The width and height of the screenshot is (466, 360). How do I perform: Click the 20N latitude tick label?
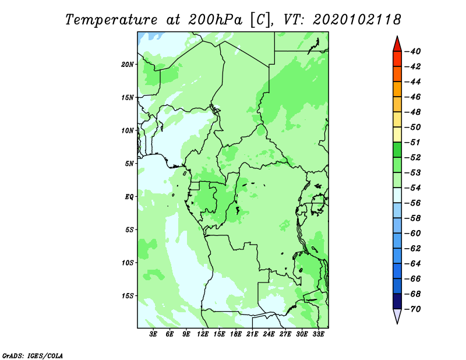click(x=128, y=65)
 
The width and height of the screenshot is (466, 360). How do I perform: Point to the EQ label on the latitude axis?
click(x=129, y=197)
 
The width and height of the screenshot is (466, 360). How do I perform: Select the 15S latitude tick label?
click(x=128, y=296)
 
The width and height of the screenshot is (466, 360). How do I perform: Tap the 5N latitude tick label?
click(x=129, y=164)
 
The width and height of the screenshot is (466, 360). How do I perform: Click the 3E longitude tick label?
click(x=153, y=334)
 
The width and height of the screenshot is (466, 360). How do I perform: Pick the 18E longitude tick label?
click(x=236, y=334)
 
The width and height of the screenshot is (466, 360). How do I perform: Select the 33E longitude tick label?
click(x=318, y=334)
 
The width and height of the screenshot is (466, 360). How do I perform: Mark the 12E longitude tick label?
click(x=203, y=334)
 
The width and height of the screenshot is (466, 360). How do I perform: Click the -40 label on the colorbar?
click(x=412, y=51)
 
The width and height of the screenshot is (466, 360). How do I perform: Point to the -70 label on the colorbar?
click(x=412, y=309)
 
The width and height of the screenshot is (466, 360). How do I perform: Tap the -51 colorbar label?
click(x=412, y=142)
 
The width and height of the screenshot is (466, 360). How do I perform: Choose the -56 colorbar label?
click(x=412, y=203)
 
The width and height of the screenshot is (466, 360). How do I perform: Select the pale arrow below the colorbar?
click(x=397, y=315)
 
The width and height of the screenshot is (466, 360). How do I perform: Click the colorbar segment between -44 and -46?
click(x=397, y=89)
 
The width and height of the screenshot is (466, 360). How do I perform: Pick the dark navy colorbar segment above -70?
click(x=397, y=301)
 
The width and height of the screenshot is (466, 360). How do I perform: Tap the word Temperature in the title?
click(x=111, y=20)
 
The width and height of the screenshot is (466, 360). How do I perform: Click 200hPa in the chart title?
click(x=215, y=20)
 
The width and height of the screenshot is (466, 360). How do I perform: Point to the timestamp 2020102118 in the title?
click(x=357, y=20)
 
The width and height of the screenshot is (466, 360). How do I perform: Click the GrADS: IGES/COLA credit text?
click(x=33, y=355)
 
